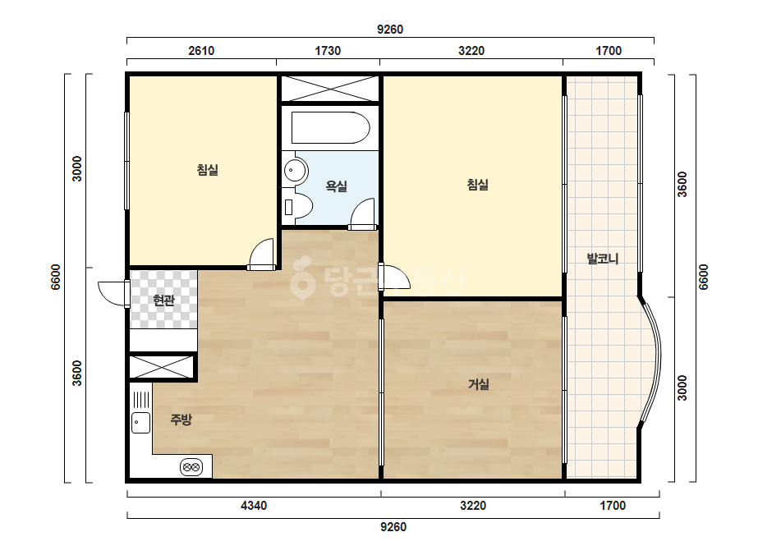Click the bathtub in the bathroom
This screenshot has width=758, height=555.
331,128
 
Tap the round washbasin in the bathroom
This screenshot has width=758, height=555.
295,170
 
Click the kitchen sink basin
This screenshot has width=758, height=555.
140,423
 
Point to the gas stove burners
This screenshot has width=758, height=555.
191,467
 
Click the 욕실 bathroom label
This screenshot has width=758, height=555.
337,186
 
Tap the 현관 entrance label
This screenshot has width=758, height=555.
163,300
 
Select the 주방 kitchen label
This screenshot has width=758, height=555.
181,420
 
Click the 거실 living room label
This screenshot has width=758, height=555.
479,384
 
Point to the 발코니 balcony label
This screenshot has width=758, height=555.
603,259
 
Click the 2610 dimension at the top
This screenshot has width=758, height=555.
201,51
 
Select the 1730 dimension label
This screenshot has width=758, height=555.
328,51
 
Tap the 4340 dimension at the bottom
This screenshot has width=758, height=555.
254,506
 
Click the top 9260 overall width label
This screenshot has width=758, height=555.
390,30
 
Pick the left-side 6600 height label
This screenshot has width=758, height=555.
56,277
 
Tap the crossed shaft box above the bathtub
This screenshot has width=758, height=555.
330,89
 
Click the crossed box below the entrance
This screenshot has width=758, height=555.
162,366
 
